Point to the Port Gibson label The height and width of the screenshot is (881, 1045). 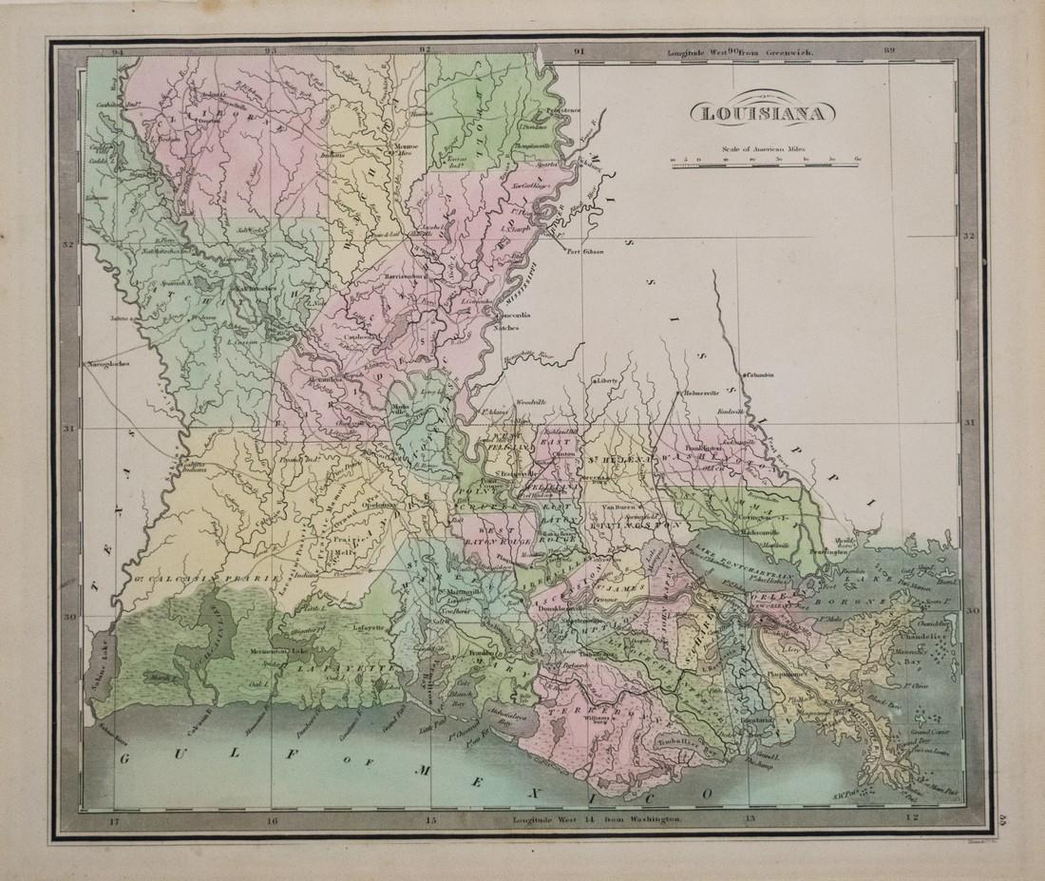click(586, 252)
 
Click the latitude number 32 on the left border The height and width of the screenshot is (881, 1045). click(67, 244)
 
